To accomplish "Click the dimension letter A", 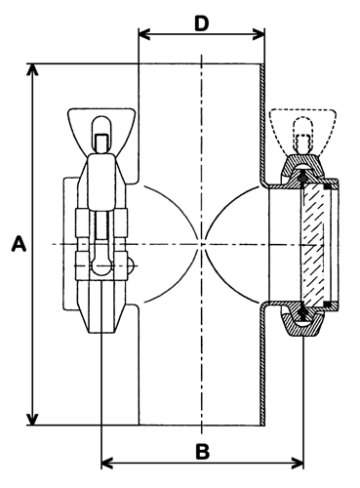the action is point(19,244).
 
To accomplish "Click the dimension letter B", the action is point(203,452).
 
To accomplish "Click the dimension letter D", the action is point(202,23).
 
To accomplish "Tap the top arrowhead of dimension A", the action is point(32,69).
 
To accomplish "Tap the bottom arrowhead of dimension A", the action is point(32,420).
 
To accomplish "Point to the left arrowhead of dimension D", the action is point(144,34).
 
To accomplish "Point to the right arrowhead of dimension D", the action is point(259,34).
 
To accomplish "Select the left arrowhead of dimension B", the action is point(107,463).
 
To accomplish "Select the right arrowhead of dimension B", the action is point(298,463).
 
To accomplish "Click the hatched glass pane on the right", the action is point(313,244).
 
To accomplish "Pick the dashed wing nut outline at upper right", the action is point(302,130).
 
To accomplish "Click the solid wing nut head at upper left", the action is point(101,131).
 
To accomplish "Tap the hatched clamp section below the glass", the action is point(302,321).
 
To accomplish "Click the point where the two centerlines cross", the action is point(202,244).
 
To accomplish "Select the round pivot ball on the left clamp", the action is point(101,265).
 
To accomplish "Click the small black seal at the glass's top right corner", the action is point(328,186).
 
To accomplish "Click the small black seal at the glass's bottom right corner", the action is point(328,304).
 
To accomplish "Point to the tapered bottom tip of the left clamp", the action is point(101,324).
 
